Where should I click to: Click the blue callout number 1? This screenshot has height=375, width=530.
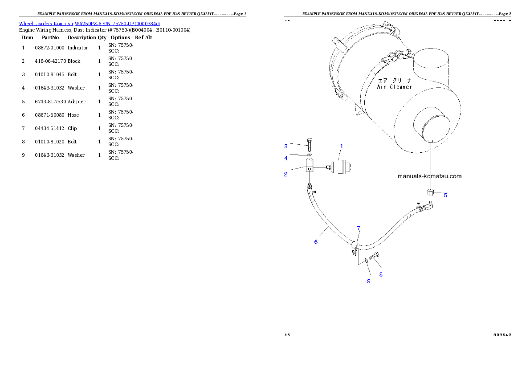pyautogui.click(x=342, y=146)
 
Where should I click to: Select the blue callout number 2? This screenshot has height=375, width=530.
pyautogui.click(x=285, y=174)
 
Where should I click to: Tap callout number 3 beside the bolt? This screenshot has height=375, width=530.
pyautogui.click(x=286, y=146)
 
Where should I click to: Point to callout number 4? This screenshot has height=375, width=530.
pyautogui.click(x=286, y=158)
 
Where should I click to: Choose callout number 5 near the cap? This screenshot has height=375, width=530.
pyautogui.click(x=445, y=195)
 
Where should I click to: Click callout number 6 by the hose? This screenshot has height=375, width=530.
pyautogui.click(x=316, y=242)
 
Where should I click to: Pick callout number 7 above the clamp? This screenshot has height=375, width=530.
pyautogui.click(x=359, y=228)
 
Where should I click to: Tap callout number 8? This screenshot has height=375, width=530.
pyautogui.click(x=381, y=274)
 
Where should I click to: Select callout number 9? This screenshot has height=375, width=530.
pyautogui.click(x=368, y=281)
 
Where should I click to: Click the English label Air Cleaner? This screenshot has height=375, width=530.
pyautogui.click(x=395, y=87)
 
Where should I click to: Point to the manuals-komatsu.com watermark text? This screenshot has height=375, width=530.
pyautogui.click(x=429, y=176)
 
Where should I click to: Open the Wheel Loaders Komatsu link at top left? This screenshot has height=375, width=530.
pyautogui.click(x=89, y=23)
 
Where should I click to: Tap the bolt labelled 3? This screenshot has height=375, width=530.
pyautogui.click(x=310, y=144)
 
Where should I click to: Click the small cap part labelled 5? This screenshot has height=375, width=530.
pyautogui.click(x=430, y=192)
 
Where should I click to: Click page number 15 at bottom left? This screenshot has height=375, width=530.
pyautogui.click(x=287, y=334)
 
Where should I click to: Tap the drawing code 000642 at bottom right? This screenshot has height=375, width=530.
pyautogui.click(x=502, y=334)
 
